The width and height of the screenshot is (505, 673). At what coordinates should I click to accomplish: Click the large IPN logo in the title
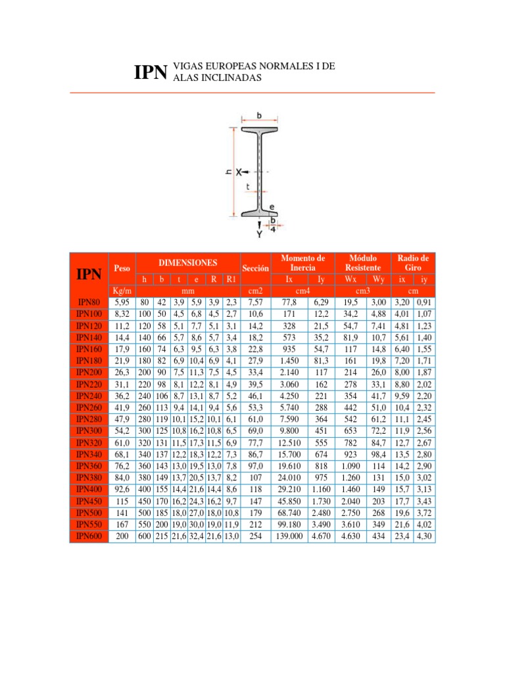(x=151, y=72)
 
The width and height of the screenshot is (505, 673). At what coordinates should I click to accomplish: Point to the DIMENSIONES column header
(x=187, y=262)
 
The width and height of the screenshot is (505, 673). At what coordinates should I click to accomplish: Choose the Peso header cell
(x=122, y=268)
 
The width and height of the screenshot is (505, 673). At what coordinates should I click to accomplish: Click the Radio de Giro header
(x=414, y=263)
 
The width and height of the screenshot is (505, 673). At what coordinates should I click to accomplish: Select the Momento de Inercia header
(x=302, y=263)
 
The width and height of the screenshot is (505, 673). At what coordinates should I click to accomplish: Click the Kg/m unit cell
(x=122, y=290)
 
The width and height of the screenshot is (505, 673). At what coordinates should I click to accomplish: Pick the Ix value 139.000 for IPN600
(x=289, y=536)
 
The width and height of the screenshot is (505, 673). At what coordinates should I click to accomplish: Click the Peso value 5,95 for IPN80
(x=122, y=302)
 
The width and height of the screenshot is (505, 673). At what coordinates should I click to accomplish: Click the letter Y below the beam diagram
(x=259, y=233)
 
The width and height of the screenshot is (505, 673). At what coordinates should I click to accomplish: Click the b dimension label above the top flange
(x=259, y=116)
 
